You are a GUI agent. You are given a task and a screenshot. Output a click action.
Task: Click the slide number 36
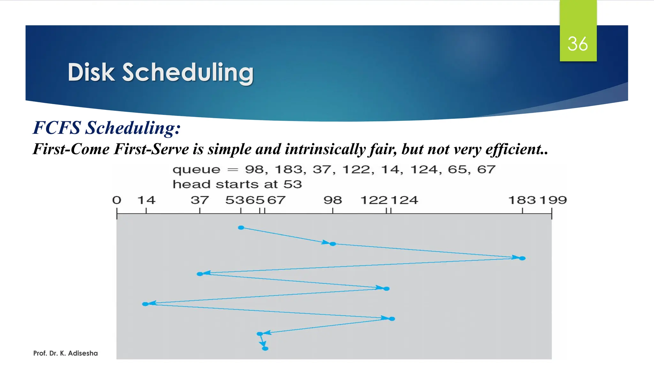pos(577,44)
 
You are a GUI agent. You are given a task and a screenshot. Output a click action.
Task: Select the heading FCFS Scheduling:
pos(107,128)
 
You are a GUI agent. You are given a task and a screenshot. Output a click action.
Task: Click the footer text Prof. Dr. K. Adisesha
pos(65,353)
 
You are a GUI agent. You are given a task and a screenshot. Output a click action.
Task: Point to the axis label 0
pos(117,200)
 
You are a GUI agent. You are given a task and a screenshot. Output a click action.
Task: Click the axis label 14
pos(146,200)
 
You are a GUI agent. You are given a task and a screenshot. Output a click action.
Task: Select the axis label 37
pos(200,200)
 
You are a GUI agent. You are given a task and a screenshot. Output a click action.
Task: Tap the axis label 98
pos(332,200)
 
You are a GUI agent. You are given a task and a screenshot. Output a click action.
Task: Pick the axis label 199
pos(553,200)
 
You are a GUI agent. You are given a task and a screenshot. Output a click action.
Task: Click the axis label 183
pos(522,200)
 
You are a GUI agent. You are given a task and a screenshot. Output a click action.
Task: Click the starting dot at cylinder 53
pos(241,227)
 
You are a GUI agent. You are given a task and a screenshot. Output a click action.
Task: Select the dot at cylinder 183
pos(522,258)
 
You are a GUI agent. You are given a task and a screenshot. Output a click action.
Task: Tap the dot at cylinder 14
pos(145,304)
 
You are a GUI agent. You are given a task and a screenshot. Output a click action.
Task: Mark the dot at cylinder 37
pos(200,274)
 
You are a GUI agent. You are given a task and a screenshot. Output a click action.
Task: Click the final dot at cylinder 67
pos(265,349)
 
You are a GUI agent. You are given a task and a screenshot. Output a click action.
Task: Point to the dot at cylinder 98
pos(333,244)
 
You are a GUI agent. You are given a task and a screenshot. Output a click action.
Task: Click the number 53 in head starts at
pos(293,184)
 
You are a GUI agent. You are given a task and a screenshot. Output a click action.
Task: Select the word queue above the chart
pos(196,170)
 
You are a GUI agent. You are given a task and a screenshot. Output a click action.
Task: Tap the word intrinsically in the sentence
pos(325,149)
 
